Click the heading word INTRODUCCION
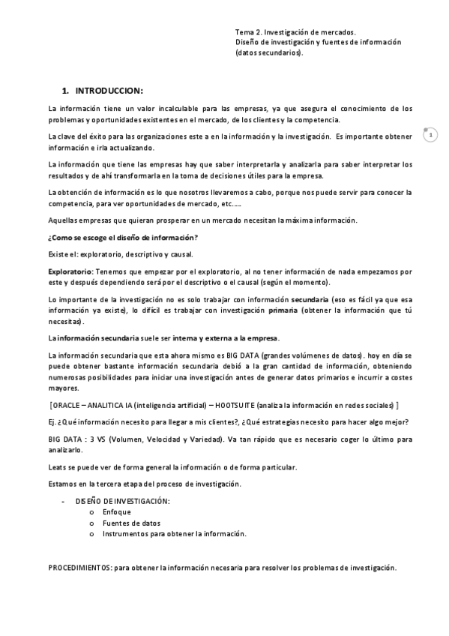click(108, 90)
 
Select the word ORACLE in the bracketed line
click(68, 405)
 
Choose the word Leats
click(57, 467)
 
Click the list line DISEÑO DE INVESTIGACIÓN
click(123, 501)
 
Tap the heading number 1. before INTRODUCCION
click(66, 90)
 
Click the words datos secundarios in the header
click(268, 53)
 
